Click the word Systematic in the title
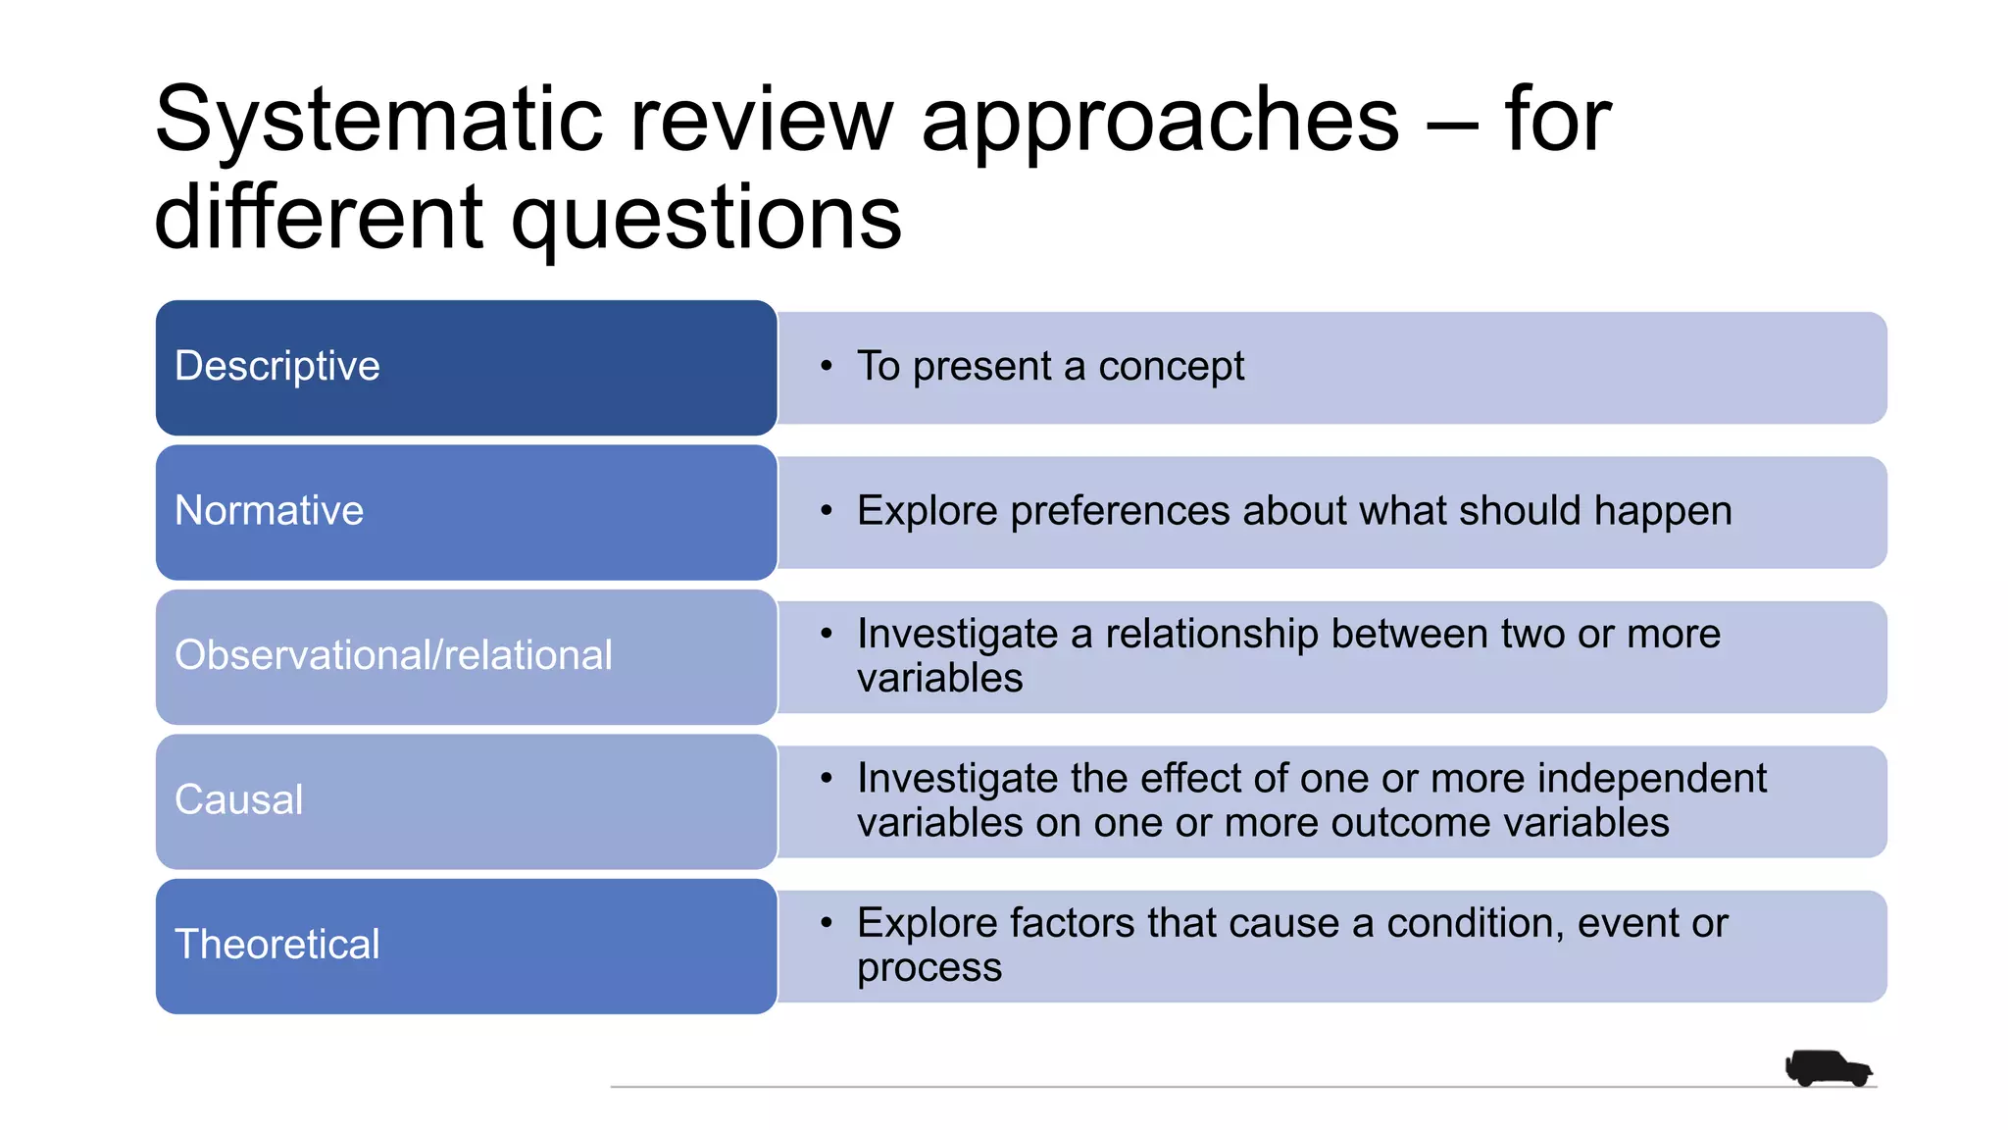[x=377, y=120]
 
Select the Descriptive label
[x=276, y=366]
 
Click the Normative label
[x=269, y=510]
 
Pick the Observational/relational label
[x=393, y=655]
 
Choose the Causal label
[x=238, y=799]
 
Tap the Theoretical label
[x=276, y=944]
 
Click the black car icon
[x=1828, y=1067]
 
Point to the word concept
[x=1171, y=367]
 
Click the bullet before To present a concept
[x=827, y=366]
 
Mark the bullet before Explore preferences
[x=827, y=510]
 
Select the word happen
[x=1663, y=512]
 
